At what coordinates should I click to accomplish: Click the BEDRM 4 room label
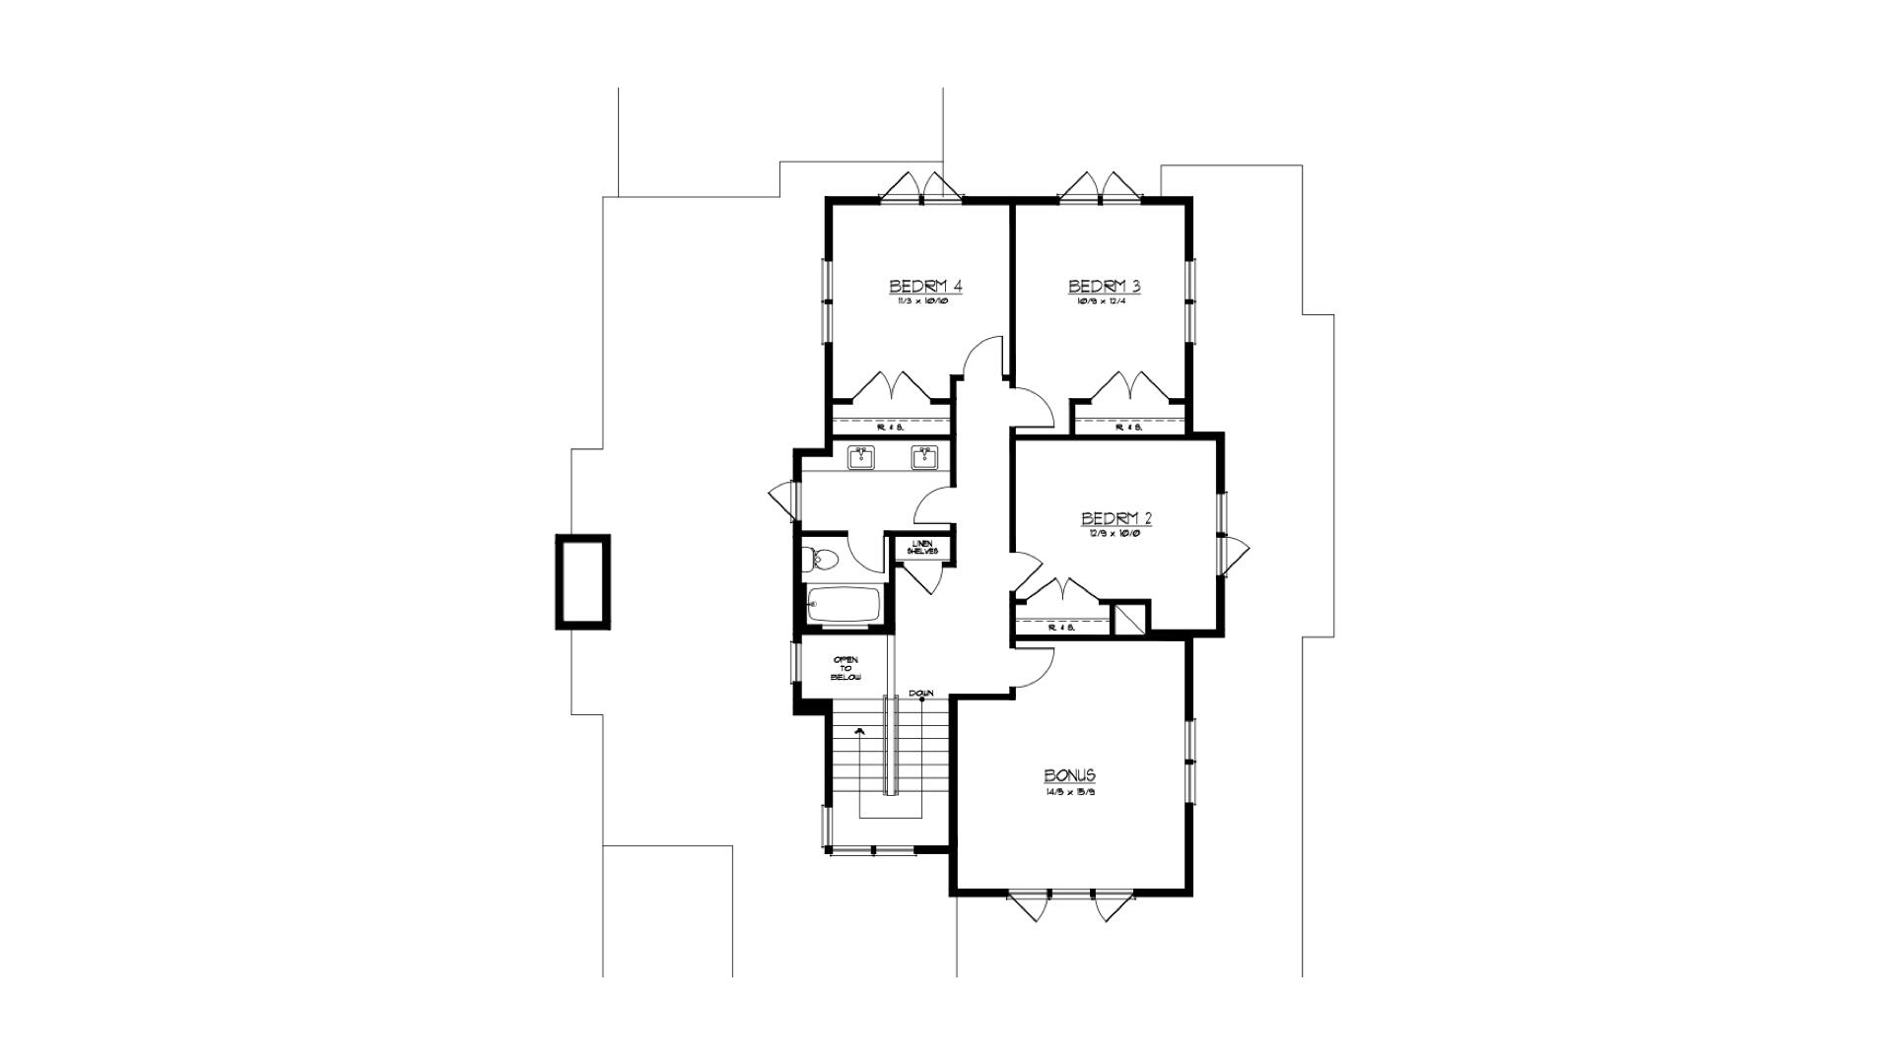[925, 286]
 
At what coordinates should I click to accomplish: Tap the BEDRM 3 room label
[1105, 286]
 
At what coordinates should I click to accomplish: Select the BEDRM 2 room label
[1116, 518]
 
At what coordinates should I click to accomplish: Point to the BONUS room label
[1069, 775]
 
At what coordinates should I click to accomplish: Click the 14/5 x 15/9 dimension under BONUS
[1069, 791]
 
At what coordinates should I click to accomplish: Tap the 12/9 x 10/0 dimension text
[1116, 533]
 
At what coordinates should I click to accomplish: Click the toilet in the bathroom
[820, 560]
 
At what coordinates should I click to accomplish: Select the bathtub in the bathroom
[843, 605]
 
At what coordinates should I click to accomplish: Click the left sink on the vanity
[862, 456]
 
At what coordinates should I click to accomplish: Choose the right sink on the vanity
[924, 456]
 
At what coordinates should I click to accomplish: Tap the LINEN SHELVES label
[922, 547]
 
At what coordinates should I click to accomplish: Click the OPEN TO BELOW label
[845, 668]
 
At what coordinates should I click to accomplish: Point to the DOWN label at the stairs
[921, 693]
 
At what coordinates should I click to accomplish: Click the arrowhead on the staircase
[859, 732]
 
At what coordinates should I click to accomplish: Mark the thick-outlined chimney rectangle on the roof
[582, 581]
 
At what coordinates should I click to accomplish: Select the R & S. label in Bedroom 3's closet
[1128, 428]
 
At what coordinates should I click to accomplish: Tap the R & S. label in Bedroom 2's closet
[1061, 627]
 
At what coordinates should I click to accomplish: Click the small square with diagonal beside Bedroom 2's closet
[1130, 619]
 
